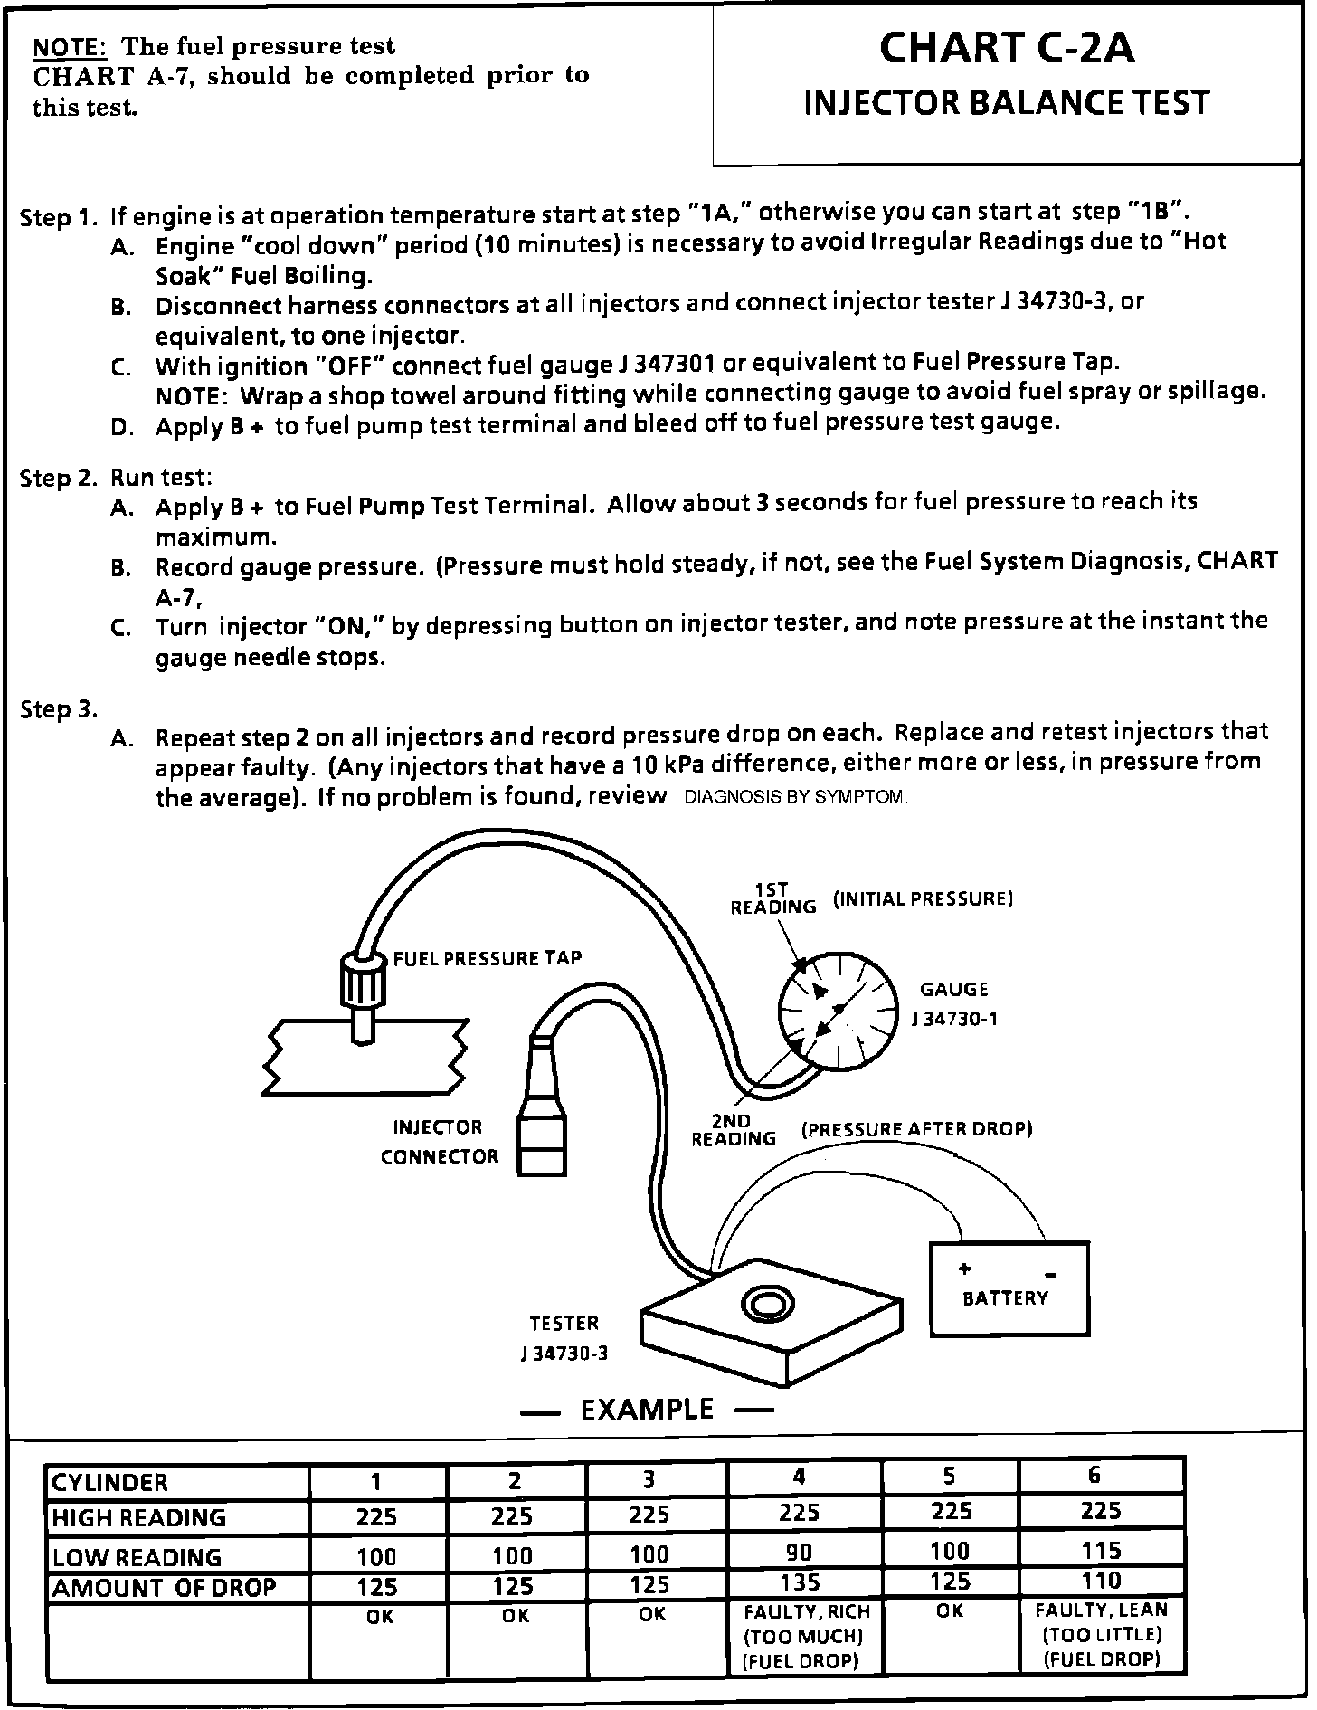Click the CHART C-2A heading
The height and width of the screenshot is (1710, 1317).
point(1006,49)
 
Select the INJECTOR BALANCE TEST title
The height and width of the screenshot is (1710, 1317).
point(1006,103)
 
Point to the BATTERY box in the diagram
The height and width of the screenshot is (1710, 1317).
point(1009,1288)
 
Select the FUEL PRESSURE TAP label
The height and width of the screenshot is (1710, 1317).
point(487,958)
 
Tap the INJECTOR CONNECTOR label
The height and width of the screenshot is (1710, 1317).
point(440,1142)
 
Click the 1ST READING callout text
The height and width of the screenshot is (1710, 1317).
point(773,898)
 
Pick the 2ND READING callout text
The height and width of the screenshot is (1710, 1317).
point(734,1130)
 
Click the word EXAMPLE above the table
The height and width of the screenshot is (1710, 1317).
point(647,1410)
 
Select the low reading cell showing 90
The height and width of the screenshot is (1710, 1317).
point(800,1553)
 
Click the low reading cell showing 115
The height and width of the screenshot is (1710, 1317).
point(1101,1551)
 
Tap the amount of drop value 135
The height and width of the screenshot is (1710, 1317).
point(800,1582)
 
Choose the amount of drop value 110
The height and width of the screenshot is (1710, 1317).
point(1101,1581)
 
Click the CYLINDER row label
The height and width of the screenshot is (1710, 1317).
point(110,1483)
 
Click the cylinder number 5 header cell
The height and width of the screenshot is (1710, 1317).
point(949,1477)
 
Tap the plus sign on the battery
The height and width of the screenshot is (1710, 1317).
point(965,1268)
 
